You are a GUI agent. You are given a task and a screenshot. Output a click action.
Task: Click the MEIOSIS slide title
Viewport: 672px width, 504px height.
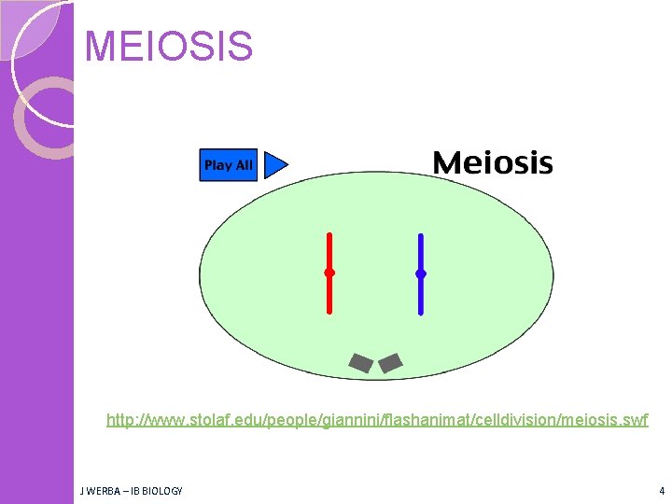point(168,47)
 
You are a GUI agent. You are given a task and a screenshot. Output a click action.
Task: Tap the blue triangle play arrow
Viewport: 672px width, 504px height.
point(274,165)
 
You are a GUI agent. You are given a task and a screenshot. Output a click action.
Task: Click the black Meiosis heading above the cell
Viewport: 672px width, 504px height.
point(493,163)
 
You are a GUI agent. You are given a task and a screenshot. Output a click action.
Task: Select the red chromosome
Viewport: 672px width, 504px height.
point(329,252)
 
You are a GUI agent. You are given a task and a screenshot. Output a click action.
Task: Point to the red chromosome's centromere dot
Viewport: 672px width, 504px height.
point(329,273)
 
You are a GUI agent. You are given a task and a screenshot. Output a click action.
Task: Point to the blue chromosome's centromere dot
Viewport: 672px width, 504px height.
point(421,273)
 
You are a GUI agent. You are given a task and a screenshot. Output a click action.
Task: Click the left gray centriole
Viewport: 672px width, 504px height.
point(360,363)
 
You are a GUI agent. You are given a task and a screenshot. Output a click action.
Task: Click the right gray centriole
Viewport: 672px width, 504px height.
point(390,362)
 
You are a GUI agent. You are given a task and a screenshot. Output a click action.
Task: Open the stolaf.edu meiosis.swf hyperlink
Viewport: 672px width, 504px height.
point(377,421)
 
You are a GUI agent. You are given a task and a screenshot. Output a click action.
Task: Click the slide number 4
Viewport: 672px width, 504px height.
point(661,491)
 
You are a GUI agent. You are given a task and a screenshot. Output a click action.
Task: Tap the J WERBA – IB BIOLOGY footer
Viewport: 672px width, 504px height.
point(132,491)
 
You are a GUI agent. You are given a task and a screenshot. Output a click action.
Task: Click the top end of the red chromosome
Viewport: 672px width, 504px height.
point(329,235)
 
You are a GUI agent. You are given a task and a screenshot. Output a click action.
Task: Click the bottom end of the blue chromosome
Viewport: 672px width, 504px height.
point(421,312)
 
